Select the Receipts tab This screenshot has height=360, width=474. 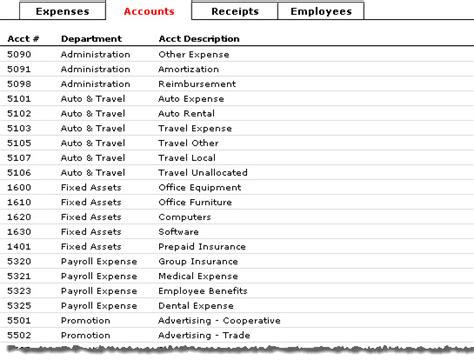(x=235, y=12)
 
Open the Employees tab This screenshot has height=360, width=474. (x=321, y=12)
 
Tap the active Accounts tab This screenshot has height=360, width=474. (x=148, y=12)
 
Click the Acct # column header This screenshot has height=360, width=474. (x=21, y=38)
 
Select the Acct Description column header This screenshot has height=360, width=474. (x=198, y=38)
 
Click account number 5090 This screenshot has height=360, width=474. (x=18, y=54)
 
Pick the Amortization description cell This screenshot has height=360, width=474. (x=189, y=69)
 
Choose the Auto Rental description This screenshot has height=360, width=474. (x=187, y=114)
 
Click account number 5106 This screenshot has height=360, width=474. (x=18, y=173)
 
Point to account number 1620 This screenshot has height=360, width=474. (x=18, y=217)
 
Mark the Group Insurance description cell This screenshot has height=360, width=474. (x=197, y=262)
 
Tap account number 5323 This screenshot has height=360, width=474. (x=18, y=291)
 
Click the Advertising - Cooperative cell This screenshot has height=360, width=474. (x=219, y=321)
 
